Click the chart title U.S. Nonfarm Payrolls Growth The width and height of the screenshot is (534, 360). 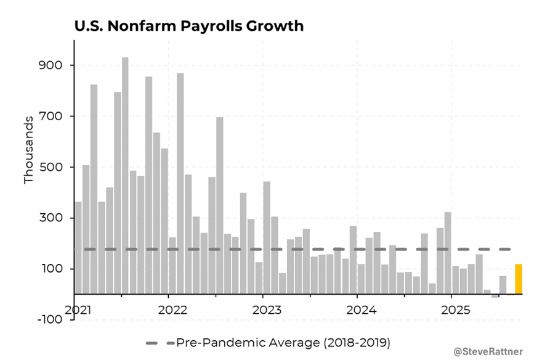tap(188, 27)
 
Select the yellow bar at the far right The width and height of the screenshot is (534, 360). tap(519, 279)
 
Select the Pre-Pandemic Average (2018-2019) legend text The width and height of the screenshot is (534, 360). tap(283, 342)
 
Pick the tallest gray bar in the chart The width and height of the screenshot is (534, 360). tap(125, 176)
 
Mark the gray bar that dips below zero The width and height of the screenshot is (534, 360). tap(495, 296)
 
